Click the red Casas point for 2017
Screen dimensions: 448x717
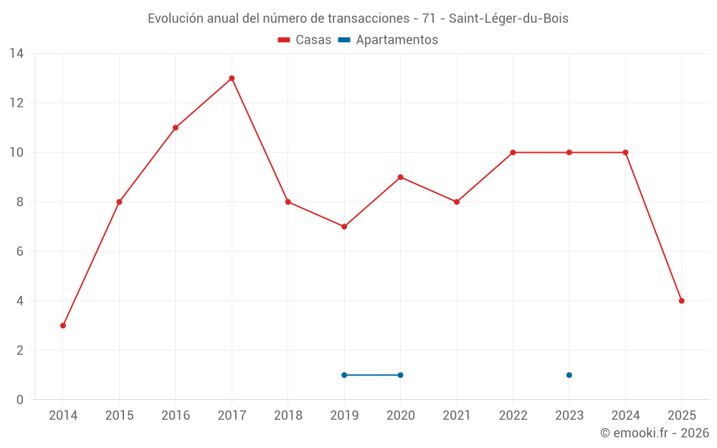pyautogui.click(x=232, y=78)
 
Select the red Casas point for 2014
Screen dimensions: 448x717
pyautogui.click(x=63, y=325)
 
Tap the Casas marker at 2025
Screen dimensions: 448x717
pyautogui.click(x=681, y=301)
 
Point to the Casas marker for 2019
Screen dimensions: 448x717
pyautogui.click(x=344, y=227)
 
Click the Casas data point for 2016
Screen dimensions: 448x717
pyautogui.click(x=176, y=128)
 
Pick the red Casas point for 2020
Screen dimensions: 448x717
pyautogui.click(x=400, y=177)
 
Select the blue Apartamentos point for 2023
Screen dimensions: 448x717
pyautogui.click(x=569, y=375)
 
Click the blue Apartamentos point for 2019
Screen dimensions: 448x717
pyautogui.click(x=344, y=375)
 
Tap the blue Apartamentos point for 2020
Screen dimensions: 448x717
pyautogui.click(x=400, y=375)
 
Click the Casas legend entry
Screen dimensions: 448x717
pyautogui.click(x=305, y=40)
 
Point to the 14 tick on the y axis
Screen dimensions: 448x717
pyautogui.click(x=16, y=54)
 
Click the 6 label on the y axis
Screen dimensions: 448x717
pyautogui.click(x=19, y=252)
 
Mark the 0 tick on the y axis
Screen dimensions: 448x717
pyautogui.click(x=19, y=400)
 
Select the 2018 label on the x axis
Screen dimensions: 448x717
pyautogui.click(x=288, y=416)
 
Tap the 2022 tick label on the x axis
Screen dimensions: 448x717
pyautogui.click(x=513, y=416)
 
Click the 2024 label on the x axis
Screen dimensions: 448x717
pyautogui.click(x=625, y=416)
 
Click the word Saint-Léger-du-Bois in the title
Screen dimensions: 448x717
pyautogui.click(x=508, y=19)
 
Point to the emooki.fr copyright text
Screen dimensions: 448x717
pyautogui.click(x=655, y=433)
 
